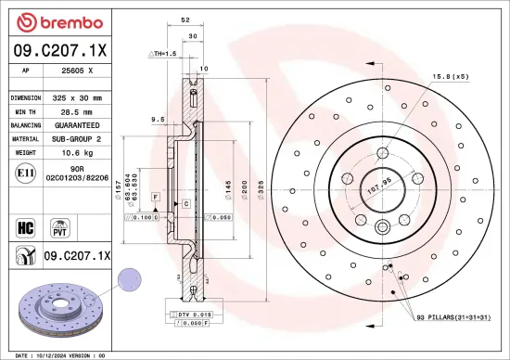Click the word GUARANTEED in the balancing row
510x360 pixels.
tap(79, 124)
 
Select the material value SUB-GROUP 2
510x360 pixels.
tap(79, 138)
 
